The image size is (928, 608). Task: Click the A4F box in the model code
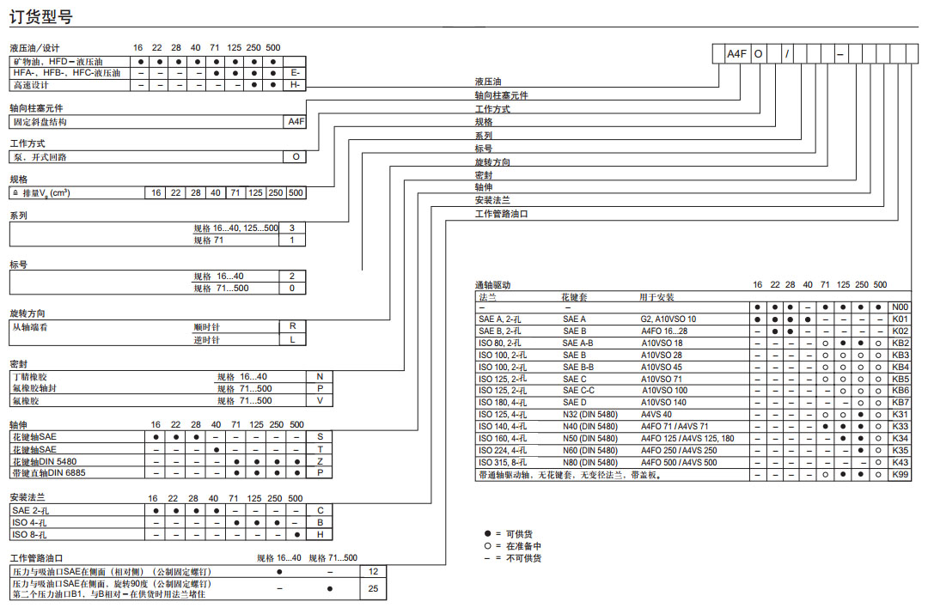click(x=736, y=53)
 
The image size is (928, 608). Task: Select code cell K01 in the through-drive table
click(x=900, y=319)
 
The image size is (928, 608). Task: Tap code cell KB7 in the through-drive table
click(x=900, y=402)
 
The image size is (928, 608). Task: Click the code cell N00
click(x=900, y=307)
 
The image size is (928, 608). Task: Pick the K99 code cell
click(x=900, y=474)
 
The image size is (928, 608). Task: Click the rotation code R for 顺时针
click(x=294, y=326)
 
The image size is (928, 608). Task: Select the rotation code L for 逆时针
click(x=294, y=339)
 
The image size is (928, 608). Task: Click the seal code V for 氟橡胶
click(x=320, y=400)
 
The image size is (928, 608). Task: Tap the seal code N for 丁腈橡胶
click(x=320, y=376)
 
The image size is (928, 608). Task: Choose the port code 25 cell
click(x=373, y=588)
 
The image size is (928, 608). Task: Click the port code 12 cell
click(x=373, y=570)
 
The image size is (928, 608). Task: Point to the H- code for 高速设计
click(x=295, y=85)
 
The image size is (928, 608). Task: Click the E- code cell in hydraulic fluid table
click(x=295, y=73)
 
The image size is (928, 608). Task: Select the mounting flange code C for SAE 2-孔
click(x=320, y=510)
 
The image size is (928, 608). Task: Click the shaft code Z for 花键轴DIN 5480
click(x=320, y=460)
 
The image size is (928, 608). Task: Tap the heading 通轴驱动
click(x=493, y=284)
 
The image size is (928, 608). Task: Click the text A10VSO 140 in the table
click(x=663, y=402)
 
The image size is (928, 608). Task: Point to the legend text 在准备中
click(x=524, y=545)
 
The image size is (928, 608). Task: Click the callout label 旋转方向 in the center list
click(x=492, y=161)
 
